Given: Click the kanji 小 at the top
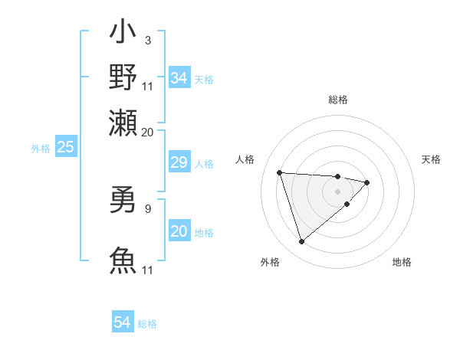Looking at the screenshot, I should [123, 35].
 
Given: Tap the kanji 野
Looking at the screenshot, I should [123, 77].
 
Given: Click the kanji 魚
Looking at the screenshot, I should [123, 260].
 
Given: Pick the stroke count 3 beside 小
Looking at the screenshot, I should [147, 40].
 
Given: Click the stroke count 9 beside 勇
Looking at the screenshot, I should [147, 207].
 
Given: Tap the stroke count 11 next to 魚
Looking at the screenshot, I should [148, 270].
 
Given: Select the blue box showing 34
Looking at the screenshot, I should [179, 78].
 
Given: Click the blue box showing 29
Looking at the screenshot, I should [179, 162].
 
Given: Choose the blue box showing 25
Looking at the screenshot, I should [65, 147].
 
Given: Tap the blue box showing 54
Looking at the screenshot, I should [122, 322].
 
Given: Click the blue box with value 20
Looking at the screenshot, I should [179, 231].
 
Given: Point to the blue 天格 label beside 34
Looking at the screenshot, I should [204, 80].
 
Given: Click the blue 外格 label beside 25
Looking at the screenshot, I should [40, 149].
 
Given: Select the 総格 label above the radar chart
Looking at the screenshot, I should [338, 100].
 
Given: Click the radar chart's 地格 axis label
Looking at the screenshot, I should [402, 262].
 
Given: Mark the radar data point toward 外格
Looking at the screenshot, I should [301, 242].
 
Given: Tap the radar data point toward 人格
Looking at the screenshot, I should [280, 172].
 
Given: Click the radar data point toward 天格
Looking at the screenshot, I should [367, 182].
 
